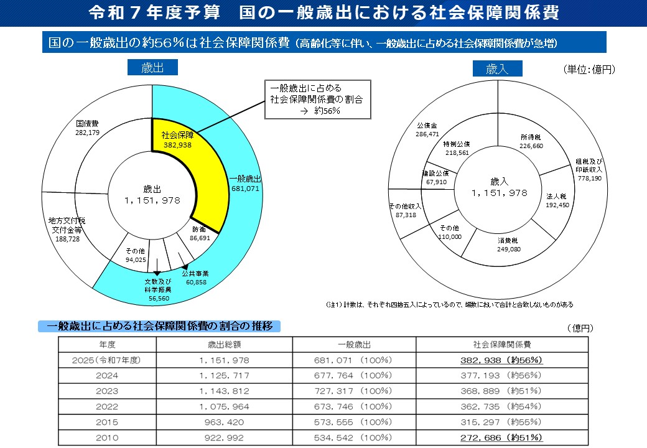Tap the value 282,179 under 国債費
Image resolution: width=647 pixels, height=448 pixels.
pyautogui.click(x=88, y=133)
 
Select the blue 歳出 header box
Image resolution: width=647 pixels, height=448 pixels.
pyautogui.click(x=152, y=67)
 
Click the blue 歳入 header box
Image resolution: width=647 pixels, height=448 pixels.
pyautogui.click(x=498, y=68)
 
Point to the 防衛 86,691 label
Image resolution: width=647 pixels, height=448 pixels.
pyautogui.click(x=200, y=233)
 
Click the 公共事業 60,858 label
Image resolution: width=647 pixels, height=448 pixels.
pyautogui.click(x=195, y=278)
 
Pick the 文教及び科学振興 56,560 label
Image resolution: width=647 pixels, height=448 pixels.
pyautogui.click(x=159, y=289)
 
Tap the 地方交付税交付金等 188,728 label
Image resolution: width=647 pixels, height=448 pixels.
pyautogui.click(x=67, y=230)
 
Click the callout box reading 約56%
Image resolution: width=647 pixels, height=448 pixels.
pyautogui.click(x=318, y=100)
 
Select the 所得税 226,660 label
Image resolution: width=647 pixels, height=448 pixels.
pyautogui.click(x=531, y=141)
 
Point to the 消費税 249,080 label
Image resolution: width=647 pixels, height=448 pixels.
pyautogui.click(x=508, y=245)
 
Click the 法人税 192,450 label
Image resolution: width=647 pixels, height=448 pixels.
pyautogui.click(x=557, y=200)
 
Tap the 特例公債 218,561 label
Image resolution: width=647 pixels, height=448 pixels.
pyautogui.click(x=457, y=148)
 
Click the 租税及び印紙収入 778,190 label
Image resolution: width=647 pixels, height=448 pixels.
pyautogui.click(x=589, y=169)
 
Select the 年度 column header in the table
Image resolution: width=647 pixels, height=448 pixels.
pyautogui.click(x=107, y=345)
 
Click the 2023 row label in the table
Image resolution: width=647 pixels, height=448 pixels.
pyautogui.click(x=107, y=391)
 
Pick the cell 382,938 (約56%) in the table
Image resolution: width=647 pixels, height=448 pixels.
pyautogui.click(x=501, y=360)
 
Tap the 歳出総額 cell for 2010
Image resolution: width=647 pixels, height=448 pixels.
pyautogui.click(x=224, y=437)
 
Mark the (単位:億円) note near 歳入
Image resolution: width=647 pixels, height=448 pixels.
pyautogui.click(x=589, y=69)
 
